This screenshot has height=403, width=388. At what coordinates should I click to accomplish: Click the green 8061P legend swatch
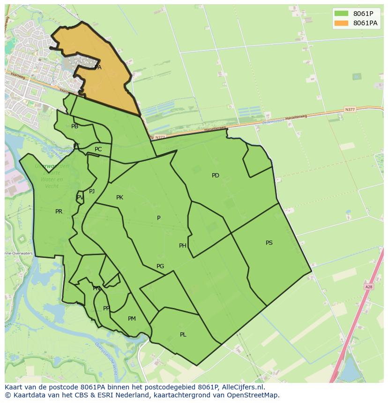tap(341, 14)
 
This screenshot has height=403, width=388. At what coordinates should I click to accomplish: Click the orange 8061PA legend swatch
tap(341, 23)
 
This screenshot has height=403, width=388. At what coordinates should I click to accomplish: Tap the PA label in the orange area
tap(97, 67)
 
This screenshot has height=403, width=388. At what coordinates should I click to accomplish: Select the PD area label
tap(215, 176)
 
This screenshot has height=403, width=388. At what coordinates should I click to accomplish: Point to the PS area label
tap(269, 243)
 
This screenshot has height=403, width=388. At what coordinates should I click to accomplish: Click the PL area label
tap(183, 335)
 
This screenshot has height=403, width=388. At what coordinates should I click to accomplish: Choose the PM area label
tap(132, 319)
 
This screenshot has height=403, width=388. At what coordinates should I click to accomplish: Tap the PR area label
tap(59, 212)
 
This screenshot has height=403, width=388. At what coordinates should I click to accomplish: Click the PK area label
tap(119, 198)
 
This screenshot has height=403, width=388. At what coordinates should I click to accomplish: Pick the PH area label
tap(182, 246)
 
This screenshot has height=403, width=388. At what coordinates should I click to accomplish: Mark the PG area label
tap(160, 266)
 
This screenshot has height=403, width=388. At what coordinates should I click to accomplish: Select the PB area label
tap(75, 126)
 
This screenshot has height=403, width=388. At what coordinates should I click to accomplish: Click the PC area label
tap(98, 149)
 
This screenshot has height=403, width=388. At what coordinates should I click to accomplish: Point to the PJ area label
tap(92, 191)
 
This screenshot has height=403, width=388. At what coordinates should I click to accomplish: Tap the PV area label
tap(80, 198)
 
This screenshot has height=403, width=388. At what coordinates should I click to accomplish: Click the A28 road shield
tap(368, 286)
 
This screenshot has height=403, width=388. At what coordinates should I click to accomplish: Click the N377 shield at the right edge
tap(350, 110)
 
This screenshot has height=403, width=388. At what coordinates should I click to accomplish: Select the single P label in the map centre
tap(159, 218)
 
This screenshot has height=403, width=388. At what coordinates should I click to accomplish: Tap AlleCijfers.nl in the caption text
tap(241, 387)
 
